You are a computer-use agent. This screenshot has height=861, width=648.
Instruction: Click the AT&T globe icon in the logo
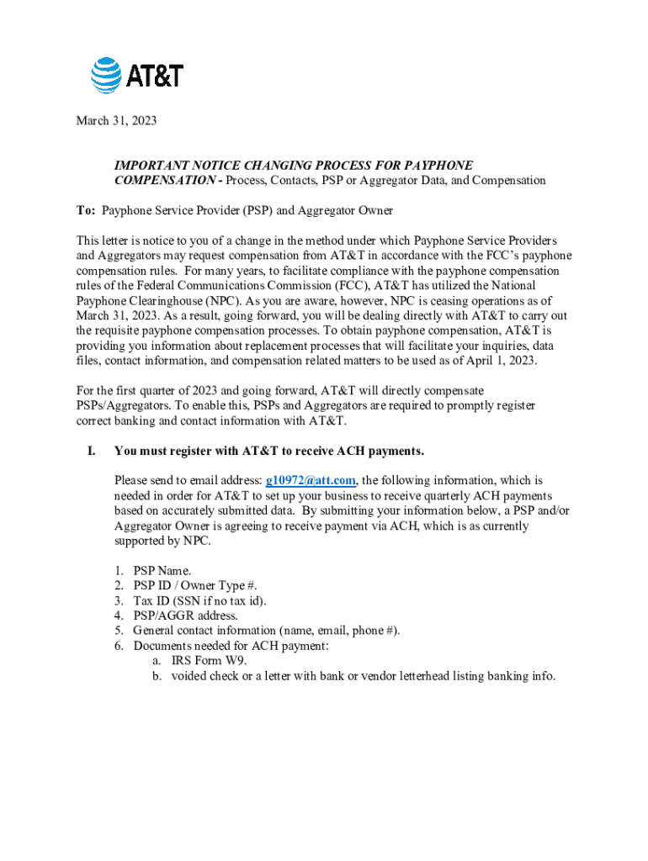click(107, 75)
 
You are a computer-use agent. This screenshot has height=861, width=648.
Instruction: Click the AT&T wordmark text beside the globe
click(155, 77)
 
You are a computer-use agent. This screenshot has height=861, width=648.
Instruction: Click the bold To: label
click(87, 210)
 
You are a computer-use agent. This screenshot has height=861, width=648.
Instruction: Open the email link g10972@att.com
click(311, 481)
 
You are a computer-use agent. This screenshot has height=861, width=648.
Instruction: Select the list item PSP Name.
click(162, 571)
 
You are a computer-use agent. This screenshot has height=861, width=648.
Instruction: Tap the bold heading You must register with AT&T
click(268, 452)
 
